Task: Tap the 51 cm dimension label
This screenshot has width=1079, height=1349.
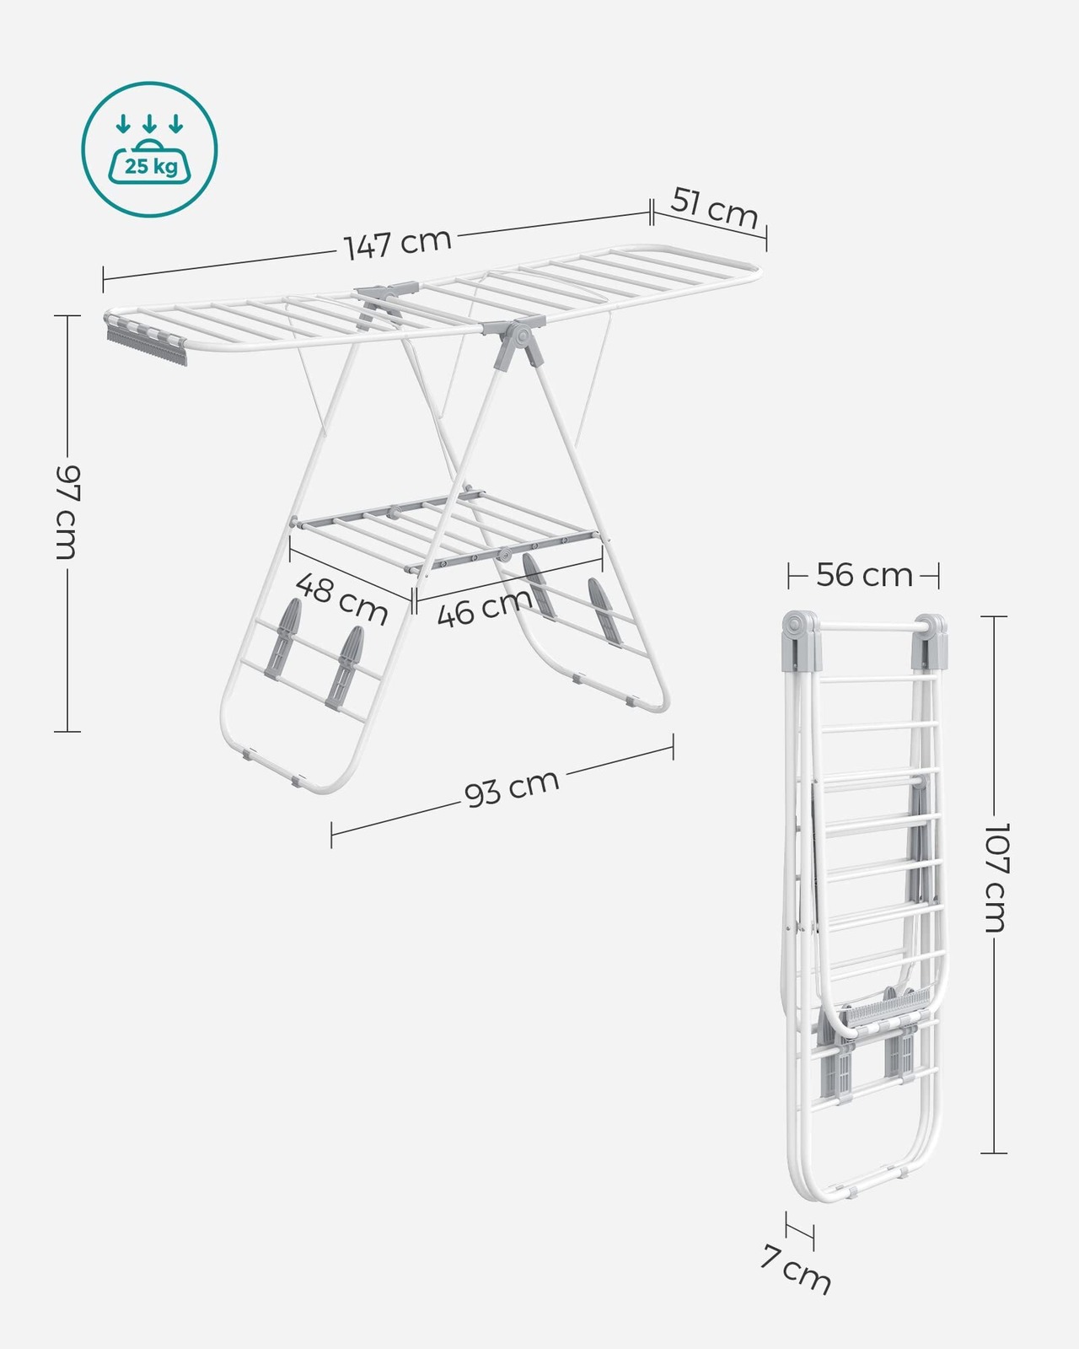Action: click(714, 209)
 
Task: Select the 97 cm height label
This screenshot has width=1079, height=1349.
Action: click(67, 512)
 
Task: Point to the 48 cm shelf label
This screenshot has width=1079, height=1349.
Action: click(341, 598)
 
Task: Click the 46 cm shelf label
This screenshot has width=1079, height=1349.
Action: click(484, 607)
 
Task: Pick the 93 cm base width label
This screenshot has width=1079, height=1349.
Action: click(512, 787)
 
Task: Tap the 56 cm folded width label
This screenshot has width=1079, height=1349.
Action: click(864, 575)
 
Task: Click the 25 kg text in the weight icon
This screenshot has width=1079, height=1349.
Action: click(151, 167)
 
